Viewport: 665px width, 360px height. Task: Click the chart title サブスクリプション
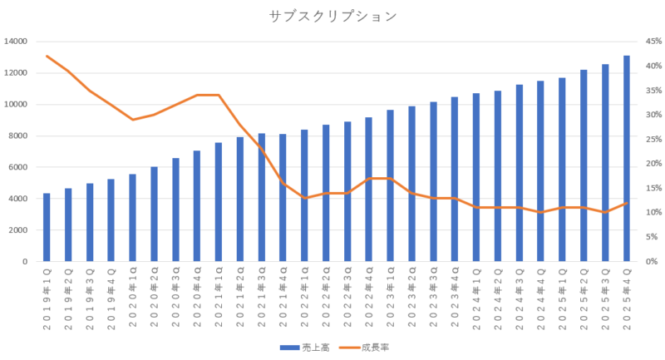pos(332,16)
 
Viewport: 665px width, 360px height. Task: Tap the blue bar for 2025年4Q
pos(627,159)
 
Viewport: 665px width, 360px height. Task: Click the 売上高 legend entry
pos(313,348)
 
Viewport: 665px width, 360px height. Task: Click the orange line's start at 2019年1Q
pos(47,56)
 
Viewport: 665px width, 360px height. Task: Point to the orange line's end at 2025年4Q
pos(627,204)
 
